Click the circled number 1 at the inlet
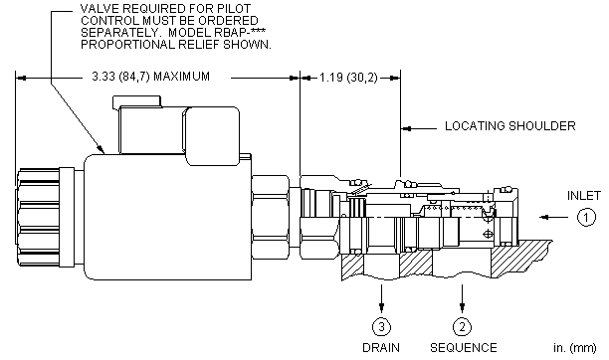[x=586, y=217]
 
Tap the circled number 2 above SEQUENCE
[x=462, y=327]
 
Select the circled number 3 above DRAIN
[x=381, y=327]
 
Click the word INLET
[x=584, y=196]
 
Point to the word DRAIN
[x=381, y=348]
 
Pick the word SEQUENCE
[x=464, y=348]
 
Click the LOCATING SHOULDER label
[x=509, y=126]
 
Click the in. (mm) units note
[x=575, y=348]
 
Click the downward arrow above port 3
[x=381, y=298]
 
